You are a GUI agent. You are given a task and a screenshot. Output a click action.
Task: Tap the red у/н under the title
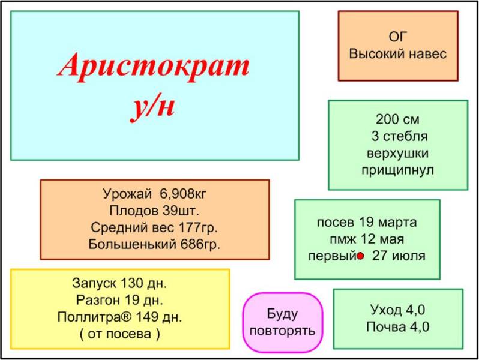point(153,107)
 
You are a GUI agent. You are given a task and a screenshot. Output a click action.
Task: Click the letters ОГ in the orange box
point(398,37)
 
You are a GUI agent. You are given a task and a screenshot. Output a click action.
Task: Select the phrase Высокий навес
point(398,54)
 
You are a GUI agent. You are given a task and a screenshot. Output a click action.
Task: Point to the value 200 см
point(397,119)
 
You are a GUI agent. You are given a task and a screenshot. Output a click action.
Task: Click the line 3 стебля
point(399,136)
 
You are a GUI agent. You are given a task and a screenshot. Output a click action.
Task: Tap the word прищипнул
point(397,170)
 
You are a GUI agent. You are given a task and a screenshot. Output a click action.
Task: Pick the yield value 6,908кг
point(183,194)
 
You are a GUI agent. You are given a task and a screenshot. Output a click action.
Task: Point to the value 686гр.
point(200,244)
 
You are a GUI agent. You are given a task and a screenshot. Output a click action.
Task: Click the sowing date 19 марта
point(387,222)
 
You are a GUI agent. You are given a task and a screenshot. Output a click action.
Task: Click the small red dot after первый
point(361,256)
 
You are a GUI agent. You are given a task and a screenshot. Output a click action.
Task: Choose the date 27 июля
point(399,256)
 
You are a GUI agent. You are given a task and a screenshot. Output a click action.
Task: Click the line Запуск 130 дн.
point(120,283)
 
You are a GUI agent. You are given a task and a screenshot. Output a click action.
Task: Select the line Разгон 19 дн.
point(120,300)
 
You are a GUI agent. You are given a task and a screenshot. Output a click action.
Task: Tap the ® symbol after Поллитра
point(127,317)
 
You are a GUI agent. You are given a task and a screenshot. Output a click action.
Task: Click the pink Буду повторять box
point(283,322)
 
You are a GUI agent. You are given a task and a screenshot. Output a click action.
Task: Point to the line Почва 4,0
point(398,327)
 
